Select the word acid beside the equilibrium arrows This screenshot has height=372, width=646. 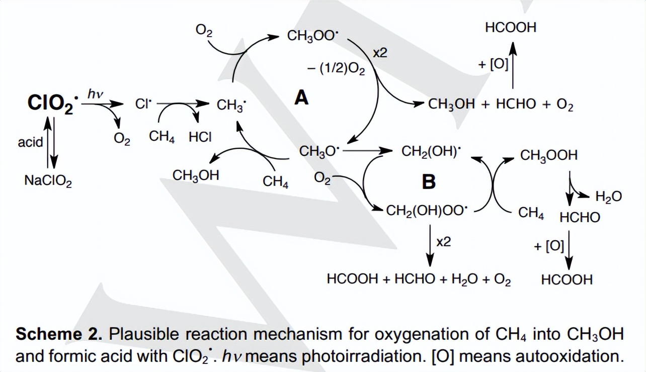coord(30,142)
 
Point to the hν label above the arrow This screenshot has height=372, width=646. coord(95,94)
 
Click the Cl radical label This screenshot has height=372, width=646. coord(143,104)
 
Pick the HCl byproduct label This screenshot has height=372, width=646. coord(200,137)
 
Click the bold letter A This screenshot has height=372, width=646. coord(301,98)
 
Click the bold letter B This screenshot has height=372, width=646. coord(429,181)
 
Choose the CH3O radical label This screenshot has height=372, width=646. coord(319,151)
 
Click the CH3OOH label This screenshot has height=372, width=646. coord(549,155)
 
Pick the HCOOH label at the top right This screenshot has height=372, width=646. coord(510,28)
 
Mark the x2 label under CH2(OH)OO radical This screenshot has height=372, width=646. coord(443,242)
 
